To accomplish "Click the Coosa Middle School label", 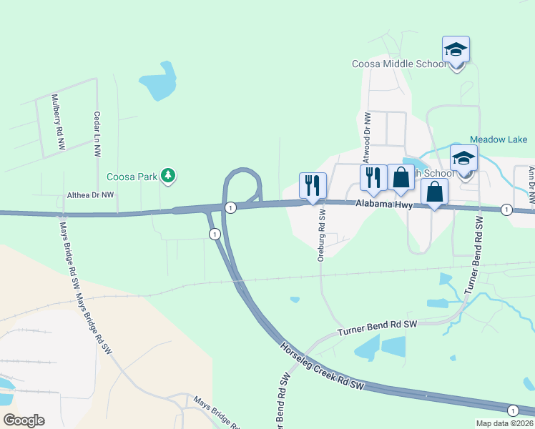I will pyautogui.click(x=399, y=64).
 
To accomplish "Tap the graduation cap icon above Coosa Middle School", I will pyautogui.click(x=456, y=50).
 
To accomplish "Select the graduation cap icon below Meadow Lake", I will pyautogui.click(x=463, y=159).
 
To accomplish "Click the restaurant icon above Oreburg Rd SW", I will pyautogui.click(x=313, y=186).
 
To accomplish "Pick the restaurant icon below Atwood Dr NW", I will pyautogui.click(x=373, y=177).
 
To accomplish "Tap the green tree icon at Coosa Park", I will pyautogui.click(x=168, y=175).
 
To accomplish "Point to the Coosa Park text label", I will pyautogui.click(x=132, y=177).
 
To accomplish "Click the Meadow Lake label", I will pyautogui.click(x=499, y=139).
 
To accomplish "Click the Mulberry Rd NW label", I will pyautogui.click(x=58, y=122).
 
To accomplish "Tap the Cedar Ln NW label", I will pyautogui.click(x=97, y=134).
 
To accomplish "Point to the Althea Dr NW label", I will pyautogui.click(x=90, y=194).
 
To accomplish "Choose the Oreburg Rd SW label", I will pyautogui.click(x=321, y=235).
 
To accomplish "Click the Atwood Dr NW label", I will pyautogui.click(x=366, y=136).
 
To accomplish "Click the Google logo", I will pyautogui.click(x=24, y=420).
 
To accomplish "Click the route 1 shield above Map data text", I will pyautogui.click(x=513, y=410).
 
